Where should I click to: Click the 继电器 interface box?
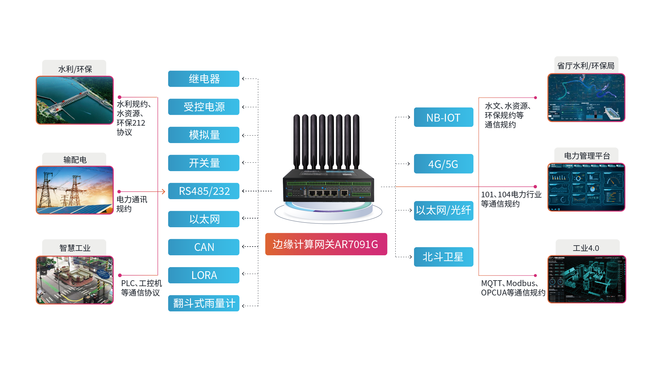[203, 79]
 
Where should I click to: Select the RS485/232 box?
[203, 191]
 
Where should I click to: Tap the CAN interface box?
[203, 247]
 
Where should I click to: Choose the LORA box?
[203, 275]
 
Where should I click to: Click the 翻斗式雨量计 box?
[203, 303]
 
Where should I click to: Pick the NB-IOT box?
[443, 118]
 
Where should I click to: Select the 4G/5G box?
[443, 164]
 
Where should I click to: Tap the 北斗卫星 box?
[443, 257]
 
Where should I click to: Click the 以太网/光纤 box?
[443, 210]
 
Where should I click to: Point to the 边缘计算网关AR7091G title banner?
[326, 244]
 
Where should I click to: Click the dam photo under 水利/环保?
[74, 100]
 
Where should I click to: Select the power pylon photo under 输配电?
[74, 190]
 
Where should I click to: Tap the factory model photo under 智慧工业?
[74, 280]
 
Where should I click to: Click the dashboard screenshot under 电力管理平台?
[586, 187]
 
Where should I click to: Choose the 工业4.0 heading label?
[586, 248]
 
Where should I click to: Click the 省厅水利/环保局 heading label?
[586, 66]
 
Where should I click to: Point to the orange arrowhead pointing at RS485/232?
[163, 191]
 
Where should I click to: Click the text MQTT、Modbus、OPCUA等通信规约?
[512, 288]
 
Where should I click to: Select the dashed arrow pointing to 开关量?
[249, 162]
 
